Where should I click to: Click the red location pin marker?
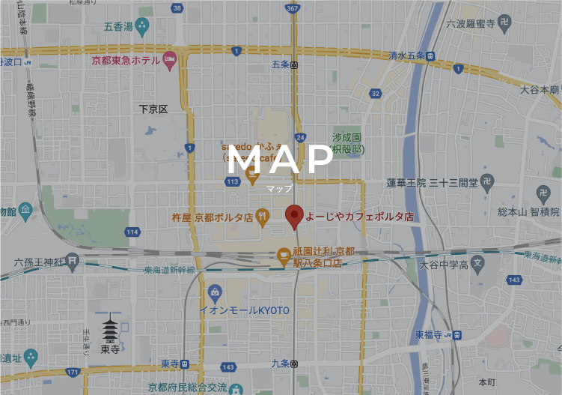coord(294,216)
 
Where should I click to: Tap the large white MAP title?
coord(280,160)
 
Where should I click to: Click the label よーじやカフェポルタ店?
coord(358,216)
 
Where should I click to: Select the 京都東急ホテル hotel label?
coord(125,60)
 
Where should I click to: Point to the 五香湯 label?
coord(118,26)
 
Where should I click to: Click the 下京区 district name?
coord(153,109)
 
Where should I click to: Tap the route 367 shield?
coord(293,8)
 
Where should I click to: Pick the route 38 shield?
coord(177,8)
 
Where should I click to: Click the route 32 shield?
coord(375,94)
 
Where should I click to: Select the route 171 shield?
coord(72,372)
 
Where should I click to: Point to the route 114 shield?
coord(132,232)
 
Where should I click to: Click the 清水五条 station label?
coord(406,55)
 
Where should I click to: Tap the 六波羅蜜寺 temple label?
coord(471,24)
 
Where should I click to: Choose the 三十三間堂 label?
coord(453,182)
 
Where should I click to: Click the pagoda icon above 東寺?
coord(110,328)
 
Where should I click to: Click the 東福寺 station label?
coord(430,334)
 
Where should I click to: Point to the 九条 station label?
coord(280,364)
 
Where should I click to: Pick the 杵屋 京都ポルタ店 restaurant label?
coord(213,217)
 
